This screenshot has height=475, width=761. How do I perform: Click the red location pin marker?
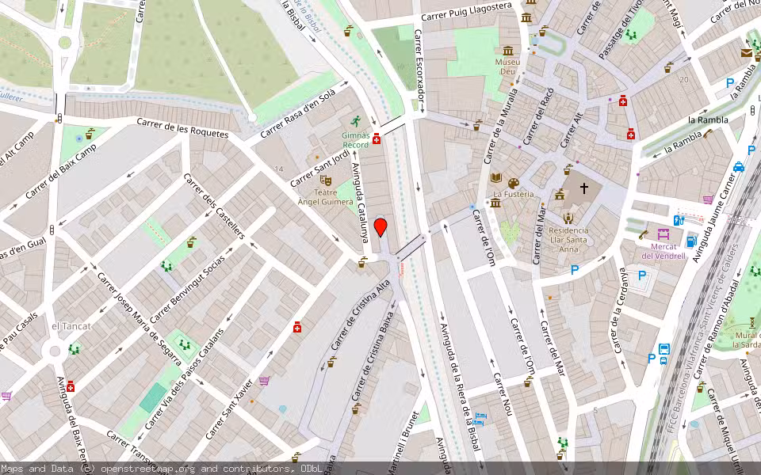click(380, 228)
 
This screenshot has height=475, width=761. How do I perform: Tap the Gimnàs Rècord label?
click(355, 140)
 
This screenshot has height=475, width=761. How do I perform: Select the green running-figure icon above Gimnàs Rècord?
click(355, 121)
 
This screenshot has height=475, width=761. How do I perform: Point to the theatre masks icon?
click(324, 180)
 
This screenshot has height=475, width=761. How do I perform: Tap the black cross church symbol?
click(584, 188)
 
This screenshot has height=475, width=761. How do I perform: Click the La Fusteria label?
click(513, 194)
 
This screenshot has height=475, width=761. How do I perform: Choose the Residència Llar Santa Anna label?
click(568, 239)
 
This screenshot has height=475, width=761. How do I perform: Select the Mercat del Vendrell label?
click(663, 250)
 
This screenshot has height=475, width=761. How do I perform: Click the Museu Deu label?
click(507, 66)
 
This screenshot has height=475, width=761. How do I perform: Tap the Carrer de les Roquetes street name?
click(182, 128)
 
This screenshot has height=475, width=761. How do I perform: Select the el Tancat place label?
click(71, 326)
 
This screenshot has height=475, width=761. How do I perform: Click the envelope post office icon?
click(747, 53)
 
